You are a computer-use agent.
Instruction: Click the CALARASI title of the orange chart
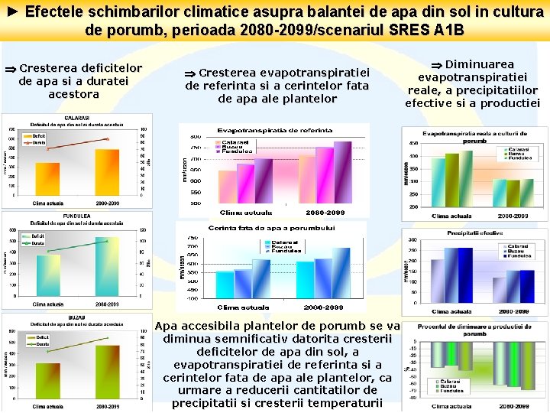coord(76,118)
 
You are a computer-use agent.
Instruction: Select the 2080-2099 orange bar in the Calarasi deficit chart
coord(107,171)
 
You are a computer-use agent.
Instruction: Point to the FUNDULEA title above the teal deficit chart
coord(76,216)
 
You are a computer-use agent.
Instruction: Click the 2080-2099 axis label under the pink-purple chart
coord(325,212)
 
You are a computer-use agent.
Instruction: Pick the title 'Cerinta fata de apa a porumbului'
coord(272,228)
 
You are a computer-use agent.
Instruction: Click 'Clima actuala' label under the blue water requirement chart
coord(245,307)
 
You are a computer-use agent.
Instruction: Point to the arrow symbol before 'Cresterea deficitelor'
coord(9,68)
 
